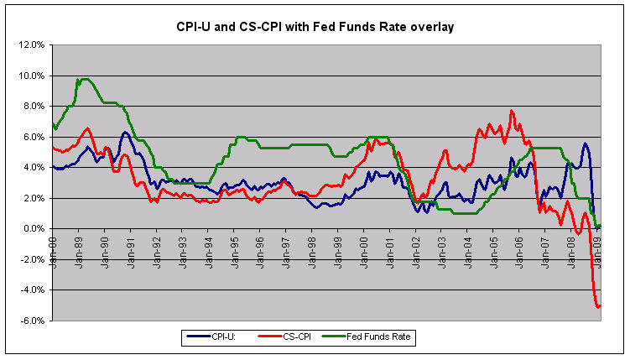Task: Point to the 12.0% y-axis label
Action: coord(31,45)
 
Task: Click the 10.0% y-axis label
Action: coord(31,76)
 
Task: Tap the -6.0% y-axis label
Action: coord(32,321)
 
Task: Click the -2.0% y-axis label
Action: coord(32,259)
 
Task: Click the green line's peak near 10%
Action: coord(82,79)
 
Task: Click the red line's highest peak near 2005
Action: coord(511,111)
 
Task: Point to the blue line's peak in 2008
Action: coord(585,143)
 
